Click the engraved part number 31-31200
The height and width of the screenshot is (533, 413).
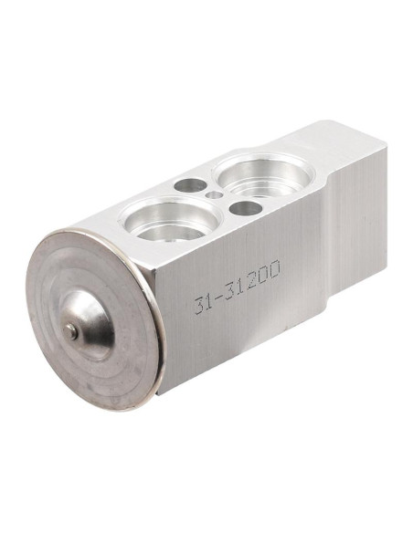[238, 287]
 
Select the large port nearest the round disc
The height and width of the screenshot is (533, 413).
[171, 217]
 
